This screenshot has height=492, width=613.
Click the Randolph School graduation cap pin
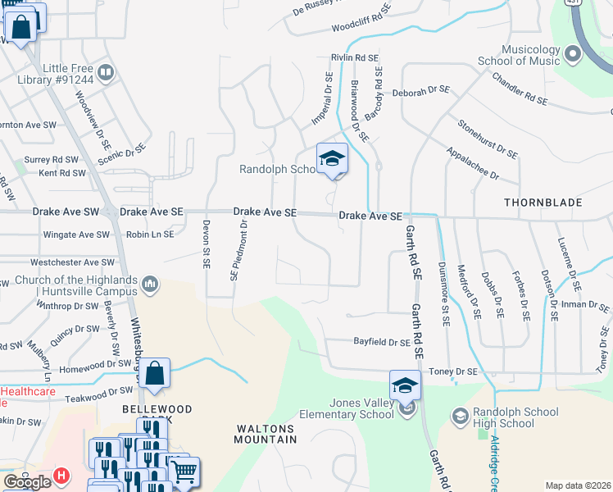point(332,158)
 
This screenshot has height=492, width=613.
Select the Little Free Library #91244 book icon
point(105,73)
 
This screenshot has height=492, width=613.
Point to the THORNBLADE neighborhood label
point(543,202)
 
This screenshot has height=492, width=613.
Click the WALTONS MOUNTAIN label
point(266,434)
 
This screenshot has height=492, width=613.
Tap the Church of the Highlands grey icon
point(150,285)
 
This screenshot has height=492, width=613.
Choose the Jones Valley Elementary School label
point(361,408)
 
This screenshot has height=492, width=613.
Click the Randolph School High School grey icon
point(461,417)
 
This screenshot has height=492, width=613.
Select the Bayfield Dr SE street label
point(381,342)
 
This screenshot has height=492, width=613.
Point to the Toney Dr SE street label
point(452,371)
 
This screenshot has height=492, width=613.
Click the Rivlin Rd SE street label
point(354,57)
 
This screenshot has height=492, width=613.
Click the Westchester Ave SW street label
point(70,263)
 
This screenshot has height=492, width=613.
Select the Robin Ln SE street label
point(150,234)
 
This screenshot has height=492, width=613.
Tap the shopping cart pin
point(184,472)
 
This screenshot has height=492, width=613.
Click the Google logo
point(27,482)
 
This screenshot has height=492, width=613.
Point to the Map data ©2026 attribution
point(578,485)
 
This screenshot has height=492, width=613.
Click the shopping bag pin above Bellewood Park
point(154,373)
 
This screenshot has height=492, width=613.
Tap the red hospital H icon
point(60,476)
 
